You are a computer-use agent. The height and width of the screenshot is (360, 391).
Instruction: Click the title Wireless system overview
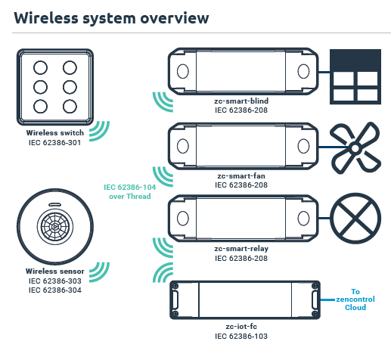coord(111,16)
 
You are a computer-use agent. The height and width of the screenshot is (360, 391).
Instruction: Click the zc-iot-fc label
coord(242,326)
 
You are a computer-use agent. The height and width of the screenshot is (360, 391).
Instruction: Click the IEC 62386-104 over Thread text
coord(127,191)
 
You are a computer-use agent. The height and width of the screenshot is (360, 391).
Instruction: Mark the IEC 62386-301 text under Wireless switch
coord(54,141)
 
